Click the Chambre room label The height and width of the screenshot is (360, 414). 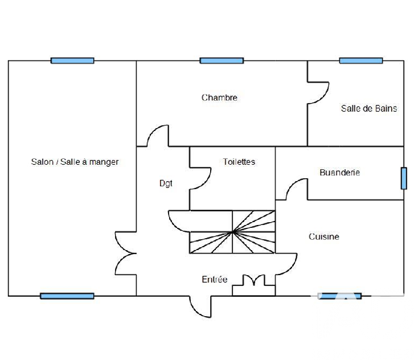point(219,98)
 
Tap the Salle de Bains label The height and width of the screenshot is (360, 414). point(369,109)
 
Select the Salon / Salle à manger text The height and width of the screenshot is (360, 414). point(75,162)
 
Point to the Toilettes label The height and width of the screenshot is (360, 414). point(239,162)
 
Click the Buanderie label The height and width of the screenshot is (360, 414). point(339,173)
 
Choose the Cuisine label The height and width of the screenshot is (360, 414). point(324,236)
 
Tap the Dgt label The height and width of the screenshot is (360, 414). point(166,183)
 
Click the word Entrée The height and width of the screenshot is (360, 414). point(214,279)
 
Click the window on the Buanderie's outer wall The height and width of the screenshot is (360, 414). point(404,178)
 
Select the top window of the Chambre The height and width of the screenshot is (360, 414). point(222,61)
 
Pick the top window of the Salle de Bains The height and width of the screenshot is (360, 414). point(361,61)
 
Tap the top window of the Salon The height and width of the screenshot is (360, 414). point(72,61)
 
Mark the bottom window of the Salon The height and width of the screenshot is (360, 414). point(67,296)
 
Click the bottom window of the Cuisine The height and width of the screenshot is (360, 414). point(339,296)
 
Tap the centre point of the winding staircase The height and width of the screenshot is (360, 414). point(232,232)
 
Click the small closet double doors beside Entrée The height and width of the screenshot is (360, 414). point(253,280)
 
